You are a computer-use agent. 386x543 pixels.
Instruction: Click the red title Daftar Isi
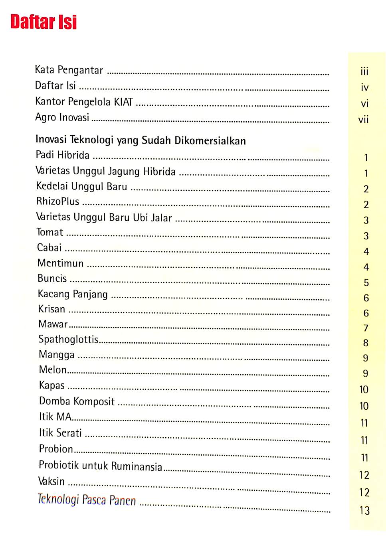(44, 22)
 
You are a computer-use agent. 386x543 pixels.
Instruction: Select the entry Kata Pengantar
(69, 70)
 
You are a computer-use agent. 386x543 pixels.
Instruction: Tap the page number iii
(364, 72)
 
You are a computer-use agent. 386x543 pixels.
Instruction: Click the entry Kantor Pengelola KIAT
(84, 102)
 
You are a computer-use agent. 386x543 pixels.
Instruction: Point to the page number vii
(363, 120)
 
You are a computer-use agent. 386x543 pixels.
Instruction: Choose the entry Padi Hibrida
(63, 155)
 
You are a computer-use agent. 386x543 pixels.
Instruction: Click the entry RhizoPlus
(58, 201)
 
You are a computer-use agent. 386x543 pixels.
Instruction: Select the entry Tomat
(50, 232)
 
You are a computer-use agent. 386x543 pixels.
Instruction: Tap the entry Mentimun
(61, 263)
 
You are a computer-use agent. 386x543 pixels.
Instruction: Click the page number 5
(366, 283)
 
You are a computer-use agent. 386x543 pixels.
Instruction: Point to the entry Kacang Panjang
(73, 294)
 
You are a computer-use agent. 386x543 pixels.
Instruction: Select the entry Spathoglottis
(68, 340)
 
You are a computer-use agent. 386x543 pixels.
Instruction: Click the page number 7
(366, 328)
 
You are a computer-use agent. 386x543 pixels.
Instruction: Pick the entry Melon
(53, 370)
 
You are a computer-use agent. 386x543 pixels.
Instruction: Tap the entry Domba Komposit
(77, 401)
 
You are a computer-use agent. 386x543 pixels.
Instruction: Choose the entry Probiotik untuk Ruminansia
(100, 466)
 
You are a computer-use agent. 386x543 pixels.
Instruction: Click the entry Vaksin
(51, 482)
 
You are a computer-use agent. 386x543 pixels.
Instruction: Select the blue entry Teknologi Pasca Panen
(87, 500)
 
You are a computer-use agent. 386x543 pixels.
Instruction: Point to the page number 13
(364, 511)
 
